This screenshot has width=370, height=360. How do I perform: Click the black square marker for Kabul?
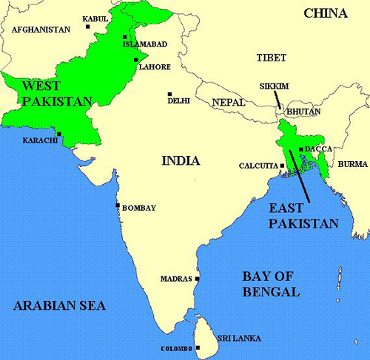88,27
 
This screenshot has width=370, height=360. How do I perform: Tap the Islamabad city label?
147,44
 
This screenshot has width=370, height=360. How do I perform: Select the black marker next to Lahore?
135,60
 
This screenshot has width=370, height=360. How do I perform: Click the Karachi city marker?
60,134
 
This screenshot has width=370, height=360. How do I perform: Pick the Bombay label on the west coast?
138,208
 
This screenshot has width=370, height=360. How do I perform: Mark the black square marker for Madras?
198,279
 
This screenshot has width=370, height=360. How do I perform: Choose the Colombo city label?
176,348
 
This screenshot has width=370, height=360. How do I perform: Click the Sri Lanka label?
238,337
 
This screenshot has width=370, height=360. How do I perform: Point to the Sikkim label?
274,86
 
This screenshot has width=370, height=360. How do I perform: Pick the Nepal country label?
229,103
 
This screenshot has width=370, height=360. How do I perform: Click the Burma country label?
352,163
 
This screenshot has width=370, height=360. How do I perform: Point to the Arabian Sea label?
58,305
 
